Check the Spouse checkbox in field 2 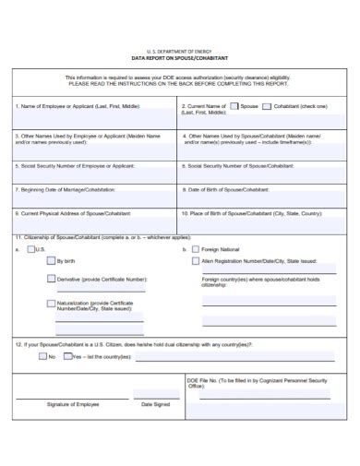click(x=234, y=106)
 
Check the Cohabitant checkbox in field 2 click(x=268, y=106)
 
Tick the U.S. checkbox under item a click(x=31, y=249)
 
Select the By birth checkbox click(x=51, y=262)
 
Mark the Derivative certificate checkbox click(x=51, y=278)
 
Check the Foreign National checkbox click(x=196, y=249)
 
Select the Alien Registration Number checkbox click(x=196, y=262)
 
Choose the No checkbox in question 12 click(x=41, y=355)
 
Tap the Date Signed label click(x=155, y=403)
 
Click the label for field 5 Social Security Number click(x=74, y=166)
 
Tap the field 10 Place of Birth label click(x=254, y=212)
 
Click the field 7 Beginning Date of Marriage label click(x=65, y=189)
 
